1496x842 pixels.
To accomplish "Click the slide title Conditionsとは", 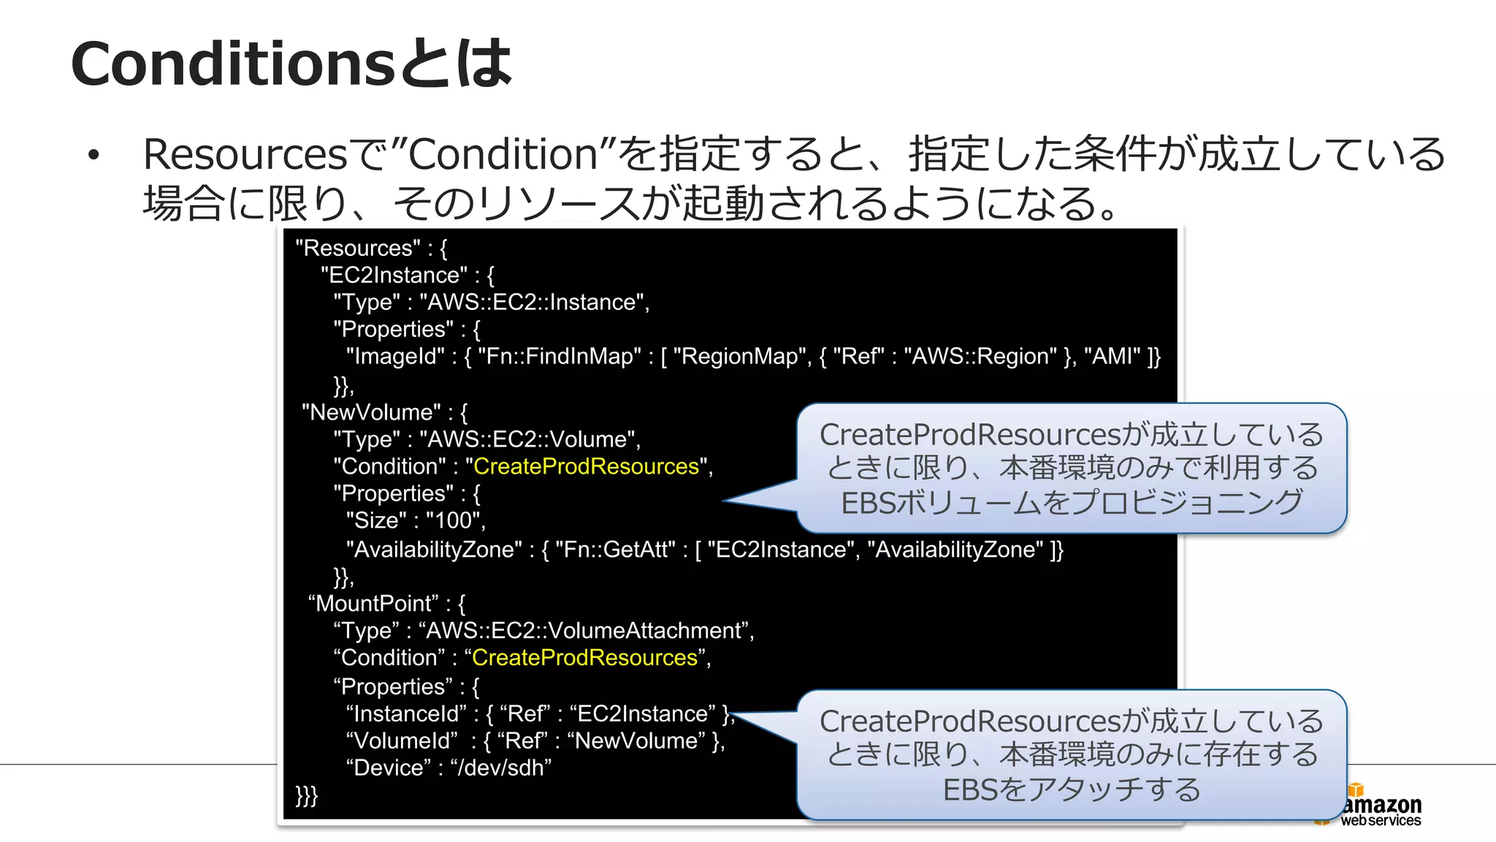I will (x=291, y=64).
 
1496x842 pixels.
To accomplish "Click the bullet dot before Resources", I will (x=93, y=155).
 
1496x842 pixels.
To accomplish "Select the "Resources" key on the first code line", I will (x=358, y=249).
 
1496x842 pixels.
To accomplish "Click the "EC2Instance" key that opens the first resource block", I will (x=394, y=276).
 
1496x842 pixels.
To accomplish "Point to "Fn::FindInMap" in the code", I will (x=559, y=357).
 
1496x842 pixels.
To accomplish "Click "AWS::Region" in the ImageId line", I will (x=980, y=357).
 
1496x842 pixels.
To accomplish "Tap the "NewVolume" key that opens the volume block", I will (x=370, y=412).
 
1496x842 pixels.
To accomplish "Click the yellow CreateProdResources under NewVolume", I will (x=586, y=466).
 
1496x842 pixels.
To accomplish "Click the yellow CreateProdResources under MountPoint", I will (x=584, y=658).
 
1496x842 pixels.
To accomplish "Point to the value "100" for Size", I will (x=453, y=520).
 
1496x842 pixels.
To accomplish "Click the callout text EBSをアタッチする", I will (x=1071, y=790).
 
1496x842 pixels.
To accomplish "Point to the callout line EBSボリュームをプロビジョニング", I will (x=1071, y=503).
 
